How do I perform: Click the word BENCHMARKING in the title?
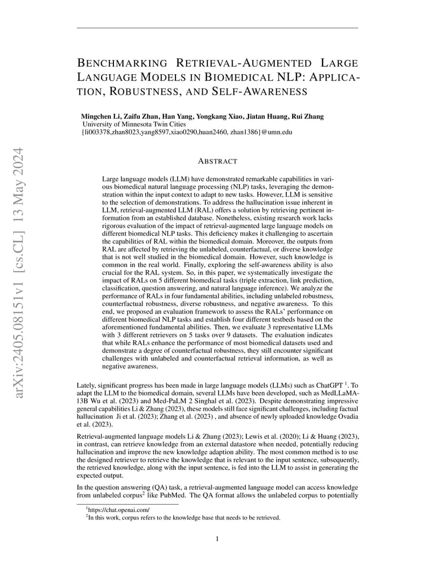[x=122, y=64]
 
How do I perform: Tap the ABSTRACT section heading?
[x=217, y=161]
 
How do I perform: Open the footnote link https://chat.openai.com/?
[x=119, y=509]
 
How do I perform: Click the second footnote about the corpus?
[x=184, y=517]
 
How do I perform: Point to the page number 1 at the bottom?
[x=217, y=538]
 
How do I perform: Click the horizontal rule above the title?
[x=217, y=28]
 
